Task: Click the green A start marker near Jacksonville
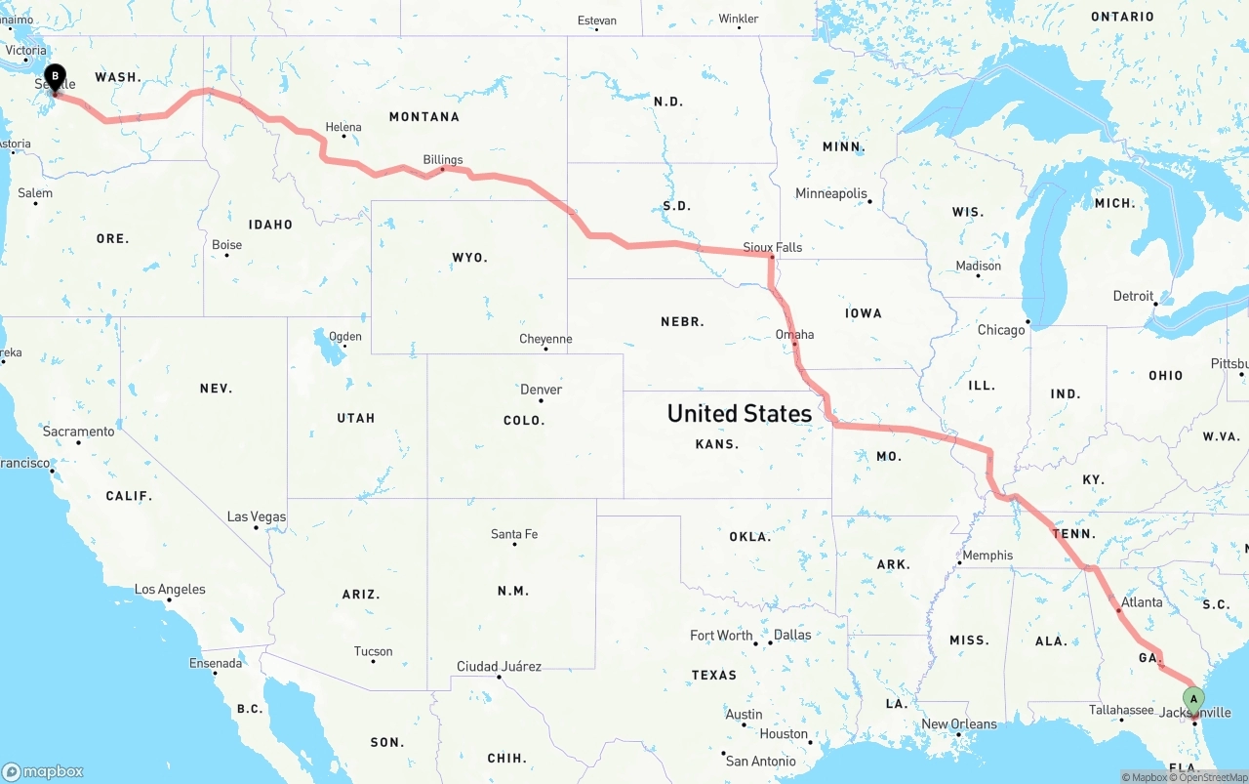pos(1192,699)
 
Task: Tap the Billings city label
pos(443,160)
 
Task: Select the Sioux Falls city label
pos(772,247)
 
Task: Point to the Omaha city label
pos(794,334)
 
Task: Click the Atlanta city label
pos(1142,602)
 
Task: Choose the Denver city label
pos(541,390)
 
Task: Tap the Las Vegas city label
pos(257,516)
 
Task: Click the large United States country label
pos(739,413)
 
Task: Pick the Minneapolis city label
pos(831,193)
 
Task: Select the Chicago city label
pos(1001,330)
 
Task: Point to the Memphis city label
pos(987,556)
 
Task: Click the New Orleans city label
pos(959,723)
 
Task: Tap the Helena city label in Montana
pos(343,127)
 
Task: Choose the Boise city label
pos(226,245)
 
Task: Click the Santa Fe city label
pos(514,534)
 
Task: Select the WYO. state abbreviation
pos(469,258)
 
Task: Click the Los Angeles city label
pos(170,589)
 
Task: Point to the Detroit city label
pos(1133,296)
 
